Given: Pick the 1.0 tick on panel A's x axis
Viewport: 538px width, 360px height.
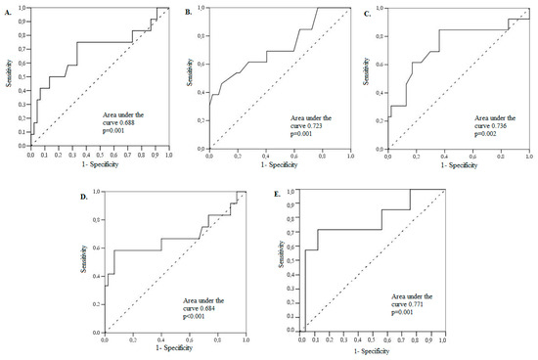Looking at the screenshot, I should (168, 155).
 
